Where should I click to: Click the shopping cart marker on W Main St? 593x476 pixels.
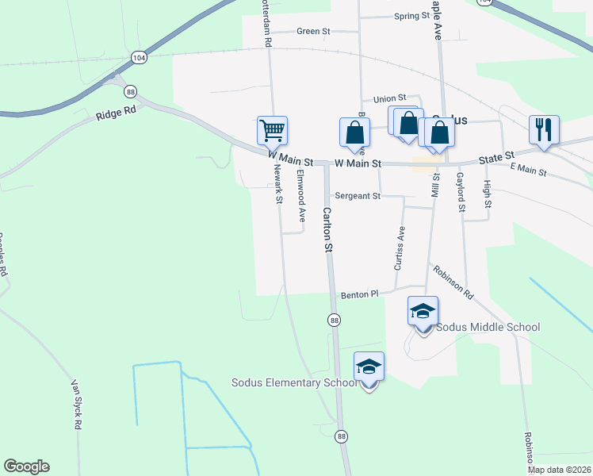click(272, 130)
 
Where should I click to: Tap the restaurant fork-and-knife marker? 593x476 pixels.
click(544, 129)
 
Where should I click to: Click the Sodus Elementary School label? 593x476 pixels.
click(293, 382)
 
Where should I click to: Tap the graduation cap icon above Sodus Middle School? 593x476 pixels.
click(423, 311)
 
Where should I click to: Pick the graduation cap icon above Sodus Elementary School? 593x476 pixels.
click(369, 367)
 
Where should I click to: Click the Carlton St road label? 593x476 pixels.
click(327, 229)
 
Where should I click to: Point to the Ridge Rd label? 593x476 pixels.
click(116, 113)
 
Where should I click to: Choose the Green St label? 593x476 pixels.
click(312, 31)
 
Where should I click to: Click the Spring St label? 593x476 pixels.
click(411, 15)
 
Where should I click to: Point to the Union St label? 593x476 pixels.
click(389, 98)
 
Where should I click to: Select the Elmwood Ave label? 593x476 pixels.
click(300, 194)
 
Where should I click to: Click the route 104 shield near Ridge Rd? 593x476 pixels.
click(139, 58)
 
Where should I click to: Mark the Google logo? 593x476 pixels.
click(26, 466)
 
